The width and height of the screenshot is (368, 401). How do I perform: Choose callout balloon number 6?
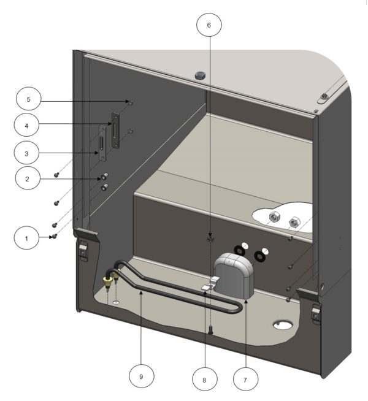[x=209, y=26]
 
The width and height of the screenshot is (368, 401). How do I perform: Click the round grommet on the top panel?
[x=199, y=75]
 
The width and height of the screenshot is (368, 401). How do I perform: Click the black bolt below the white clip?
[x=210, y=330]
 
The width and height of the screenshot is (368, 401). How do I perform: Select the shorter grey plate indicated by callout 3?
[x=102, y=145]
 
